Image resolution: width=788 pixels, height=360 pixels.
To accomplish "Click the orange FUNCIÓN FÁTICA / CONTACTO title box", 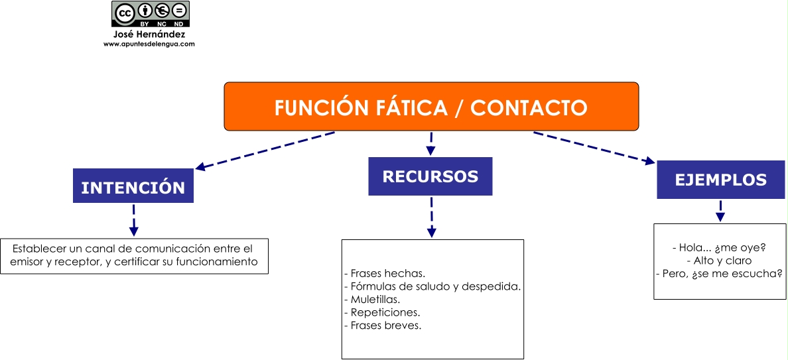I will coord(431,106).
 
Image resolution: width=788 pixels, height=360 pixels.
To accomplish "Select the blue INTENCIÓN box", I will coord(133,187).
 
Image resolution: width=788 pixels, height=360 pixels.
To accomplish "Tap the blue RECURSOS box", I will coord(430,176).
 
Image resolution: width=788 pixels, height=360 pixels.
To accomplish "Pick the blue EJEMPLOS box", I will coord(720,179).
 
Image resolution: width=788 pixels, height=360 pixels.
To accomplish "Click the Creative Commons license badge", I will coord(150,14).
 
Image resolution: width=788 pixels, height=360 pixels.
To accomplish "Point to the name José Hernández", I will coord(149,34).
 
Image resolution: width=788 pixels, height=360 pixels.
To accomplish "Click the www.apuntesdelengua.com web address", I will coord(149,44).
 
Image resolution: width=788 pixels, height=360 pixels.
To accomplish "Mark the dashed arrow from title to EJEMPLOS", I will coord(594,147).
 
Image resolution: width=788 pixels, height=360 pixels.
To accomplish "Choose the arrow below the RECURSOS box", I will coord(431,217).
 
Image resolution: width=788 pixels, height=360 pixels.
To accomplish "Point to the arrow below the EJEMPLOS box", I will coord(720,211).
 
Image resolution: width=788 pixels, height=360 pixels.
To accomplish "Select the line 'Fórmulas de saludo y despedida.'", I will coord(432,286).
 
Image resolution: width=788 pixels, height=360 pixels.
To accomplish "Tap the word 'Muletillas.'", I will coord(371,300).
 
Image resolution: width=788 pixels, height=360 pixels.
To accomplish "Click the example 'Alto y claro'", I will coord(720,261).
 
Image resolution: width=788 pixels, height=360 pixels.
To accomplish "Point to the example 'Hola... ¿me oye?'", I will coord(720,248).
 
